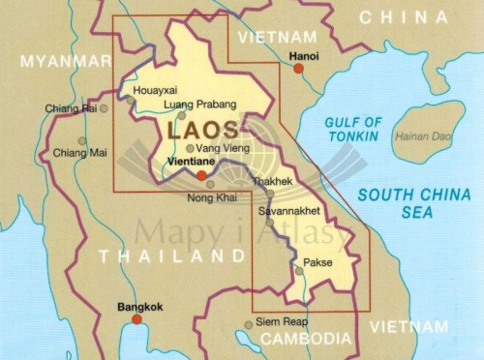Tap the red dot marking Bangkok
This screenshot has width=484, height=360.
tap(136, 318)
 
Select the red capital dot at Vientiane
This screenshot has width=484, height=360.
tap(201, 176)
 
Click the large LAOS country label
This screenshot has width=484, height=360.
tap(204, 129)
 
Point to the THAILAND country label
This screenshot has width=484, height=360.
tap(171, 256)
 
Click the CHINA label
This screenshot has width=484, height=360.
tap(404, 16)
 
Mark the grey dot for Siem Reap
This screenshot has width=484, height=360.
tap(249, 324)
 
